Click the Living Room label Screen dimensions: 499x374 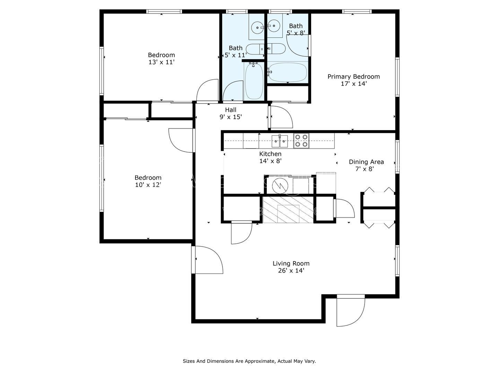[x=291, y=264]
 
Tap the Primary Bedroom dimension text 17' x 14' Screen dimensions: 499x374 [x=353, y=84]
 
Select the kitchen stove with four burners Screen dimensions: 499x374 [x=301, y=141]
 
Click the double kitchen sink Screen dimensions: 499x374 [x=280, y=141]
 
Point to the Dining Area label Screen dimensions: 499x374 [x=366, y=162]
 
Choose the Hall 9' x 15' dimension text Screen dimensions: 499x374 [x=230, y=117]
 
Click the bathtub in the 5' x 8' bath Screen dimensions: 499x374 [x=287, y=72]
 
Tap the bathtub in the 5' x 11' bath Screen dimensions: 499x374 [x=254, y=81]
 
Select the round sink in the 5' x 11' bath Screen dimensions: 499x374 [x=257, y=28]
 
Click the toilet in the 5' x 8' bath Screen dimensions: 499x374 [x=276, y=48]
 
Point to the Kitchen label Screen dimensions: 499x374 [x=270, y=154]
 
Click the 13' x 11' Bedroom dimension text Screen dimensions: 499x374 [x=161, y=62]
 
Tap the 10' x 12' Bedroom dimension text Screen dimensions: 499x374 [x=148, y=185]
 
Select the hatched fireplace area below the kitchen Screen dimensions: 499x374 [x=288, y=210]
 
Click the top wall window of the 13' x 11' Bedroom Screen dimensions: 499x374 [x=164, y=11]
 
